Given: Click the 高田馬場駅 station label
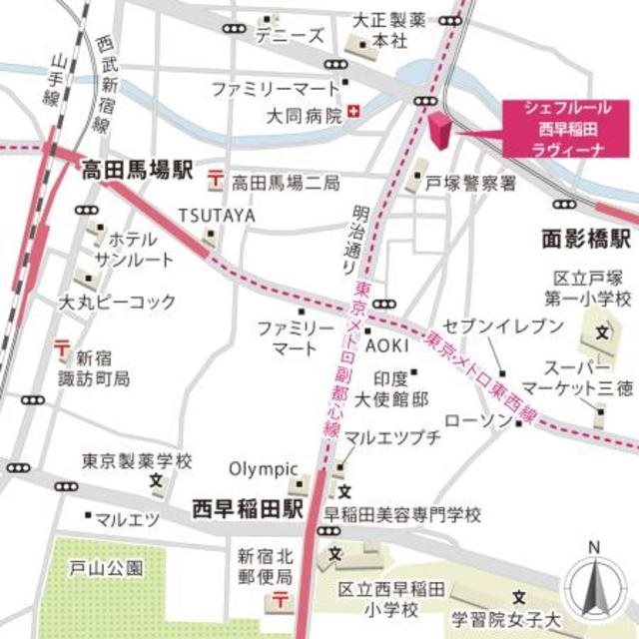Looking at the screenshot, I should point(137,171).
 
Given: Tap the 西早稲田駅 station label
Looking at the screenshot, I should point(248,509).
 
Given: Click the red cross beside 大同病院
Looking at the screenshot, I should point(352,115).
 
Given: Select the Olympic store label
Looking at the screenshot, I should point(265,468).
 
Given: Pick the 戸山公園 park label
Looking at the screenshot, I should point(107,567).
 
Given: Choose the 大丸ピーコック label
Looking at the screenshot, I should point(117,301).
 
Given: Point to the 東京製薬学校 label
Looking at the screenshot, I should point(137,462).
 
